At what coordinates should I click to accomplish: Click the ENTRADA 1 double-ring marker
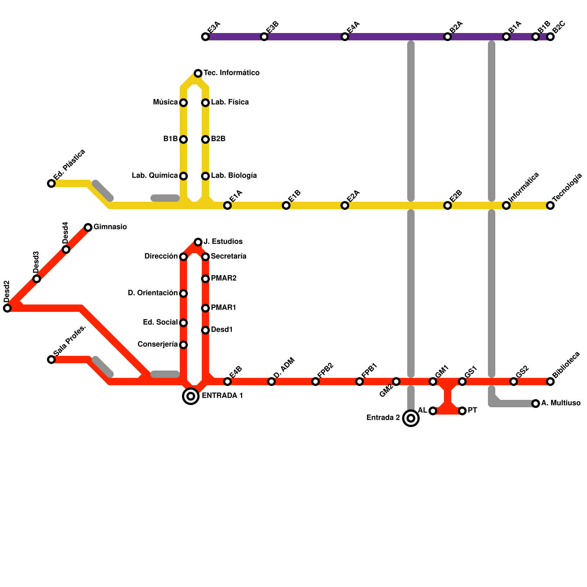click(191, 396)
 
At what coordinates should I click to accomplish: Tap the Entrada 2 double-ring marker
click(411, 418)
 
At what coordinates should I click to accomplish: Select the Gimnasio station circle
click(88, 227)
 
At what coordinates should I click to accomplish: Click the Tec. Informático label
click(231, 73)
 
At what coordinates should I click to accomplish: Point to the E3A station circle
click(205, 37)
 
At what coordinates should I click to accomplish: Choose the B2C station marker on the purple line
click(550, 37)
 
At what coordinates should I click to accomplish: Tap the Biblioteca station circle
click(550, 382)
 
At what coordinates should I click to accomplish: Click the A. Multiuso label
click(561, 403)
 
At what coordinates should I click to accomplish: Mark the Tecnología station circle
click(550, 205)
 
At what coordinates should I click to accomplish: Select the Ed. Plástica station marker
click(51, 183)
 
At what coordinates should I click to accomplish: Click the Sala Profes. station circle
click(51, 360)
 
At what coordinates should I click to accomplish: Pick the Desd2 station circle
click(7, 308)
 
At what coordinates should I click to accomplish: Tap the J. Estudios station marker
click(198, 242)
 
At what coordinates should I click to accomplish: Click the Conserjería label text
click(158, 344)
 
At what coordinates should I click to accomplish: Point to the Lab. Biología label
click(234, 176)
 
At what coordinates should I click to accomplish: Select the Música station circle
click(183, 103)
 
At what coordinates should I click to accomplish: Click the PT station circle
click(462, 411)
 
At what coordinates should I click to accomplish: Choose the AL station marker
click(433, 411)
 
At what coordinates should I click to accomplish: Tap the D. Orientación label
click(153, 293)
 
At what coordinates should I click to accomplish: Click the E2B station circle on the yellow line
click(448, 205)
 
